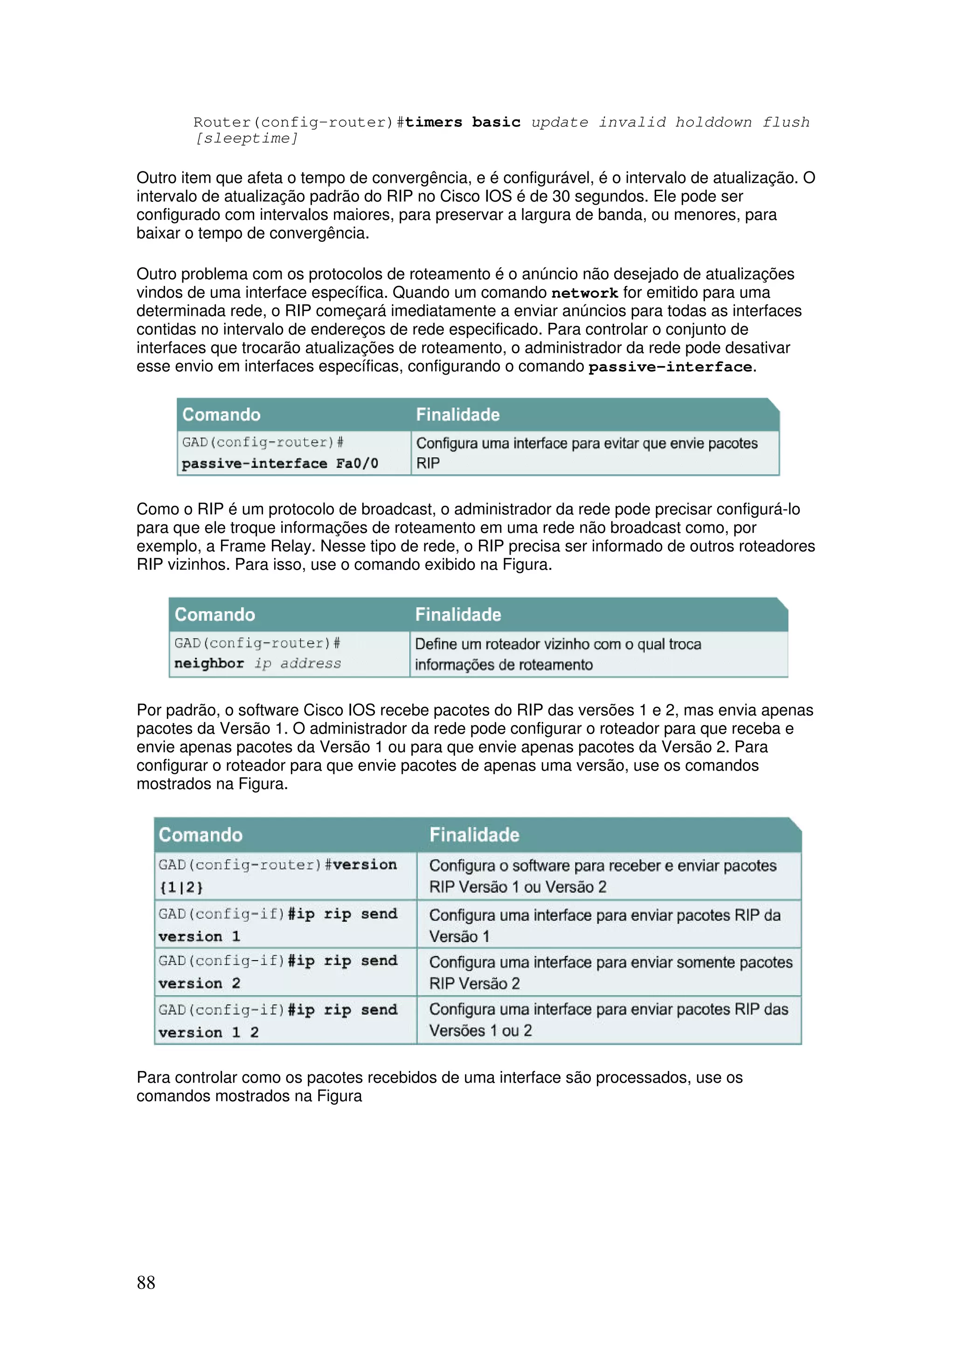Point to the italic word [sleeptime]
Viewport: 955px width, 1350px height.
247,138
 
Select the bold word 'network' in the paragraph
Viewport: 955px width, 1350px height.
584,293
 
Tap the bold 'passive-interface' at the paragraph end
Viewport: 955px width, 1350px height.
670,367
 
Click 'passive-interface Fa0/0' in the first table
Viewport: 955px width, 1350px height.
279,464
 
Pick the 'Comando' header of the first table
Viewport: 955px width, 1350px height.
221,415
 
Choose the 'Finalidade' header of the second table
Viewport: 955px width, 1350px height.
458,614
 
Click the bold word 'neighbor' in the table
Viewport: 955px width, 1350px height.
209,663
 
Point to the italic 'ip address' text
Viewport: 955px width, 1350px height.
298,664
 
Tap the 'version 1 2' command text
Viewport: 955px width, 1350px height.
208,1032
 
